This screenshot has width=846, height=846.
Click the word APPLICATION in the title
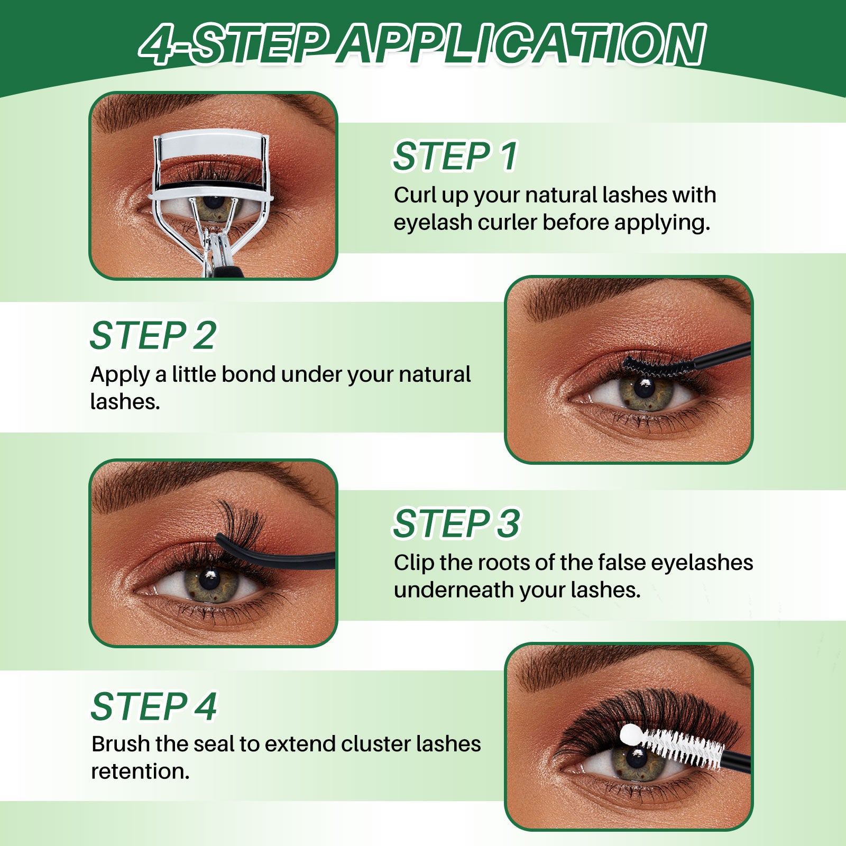click(x=521, y=45)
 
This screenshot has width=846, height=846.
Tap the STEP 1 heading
click(x=455, y=156)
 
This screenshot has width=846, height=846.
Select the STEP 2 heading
click(x=153, y=335)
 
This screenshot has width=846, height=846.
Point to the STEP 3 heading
click(x=456, y=523)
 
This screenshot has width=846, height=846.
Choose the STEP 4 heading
click(x=153, y=706)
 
